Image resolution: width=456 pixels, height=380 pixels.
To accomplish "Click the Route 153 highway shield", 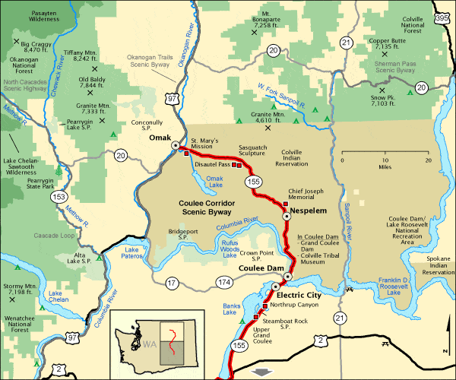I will [x=58, y=197].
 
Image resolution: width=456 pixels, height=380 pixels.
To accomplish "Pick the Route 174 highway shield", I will [x=223, y=283].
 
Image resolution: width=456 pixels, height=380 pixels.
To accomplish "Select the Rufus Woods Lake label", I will [x=230, y=248].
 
